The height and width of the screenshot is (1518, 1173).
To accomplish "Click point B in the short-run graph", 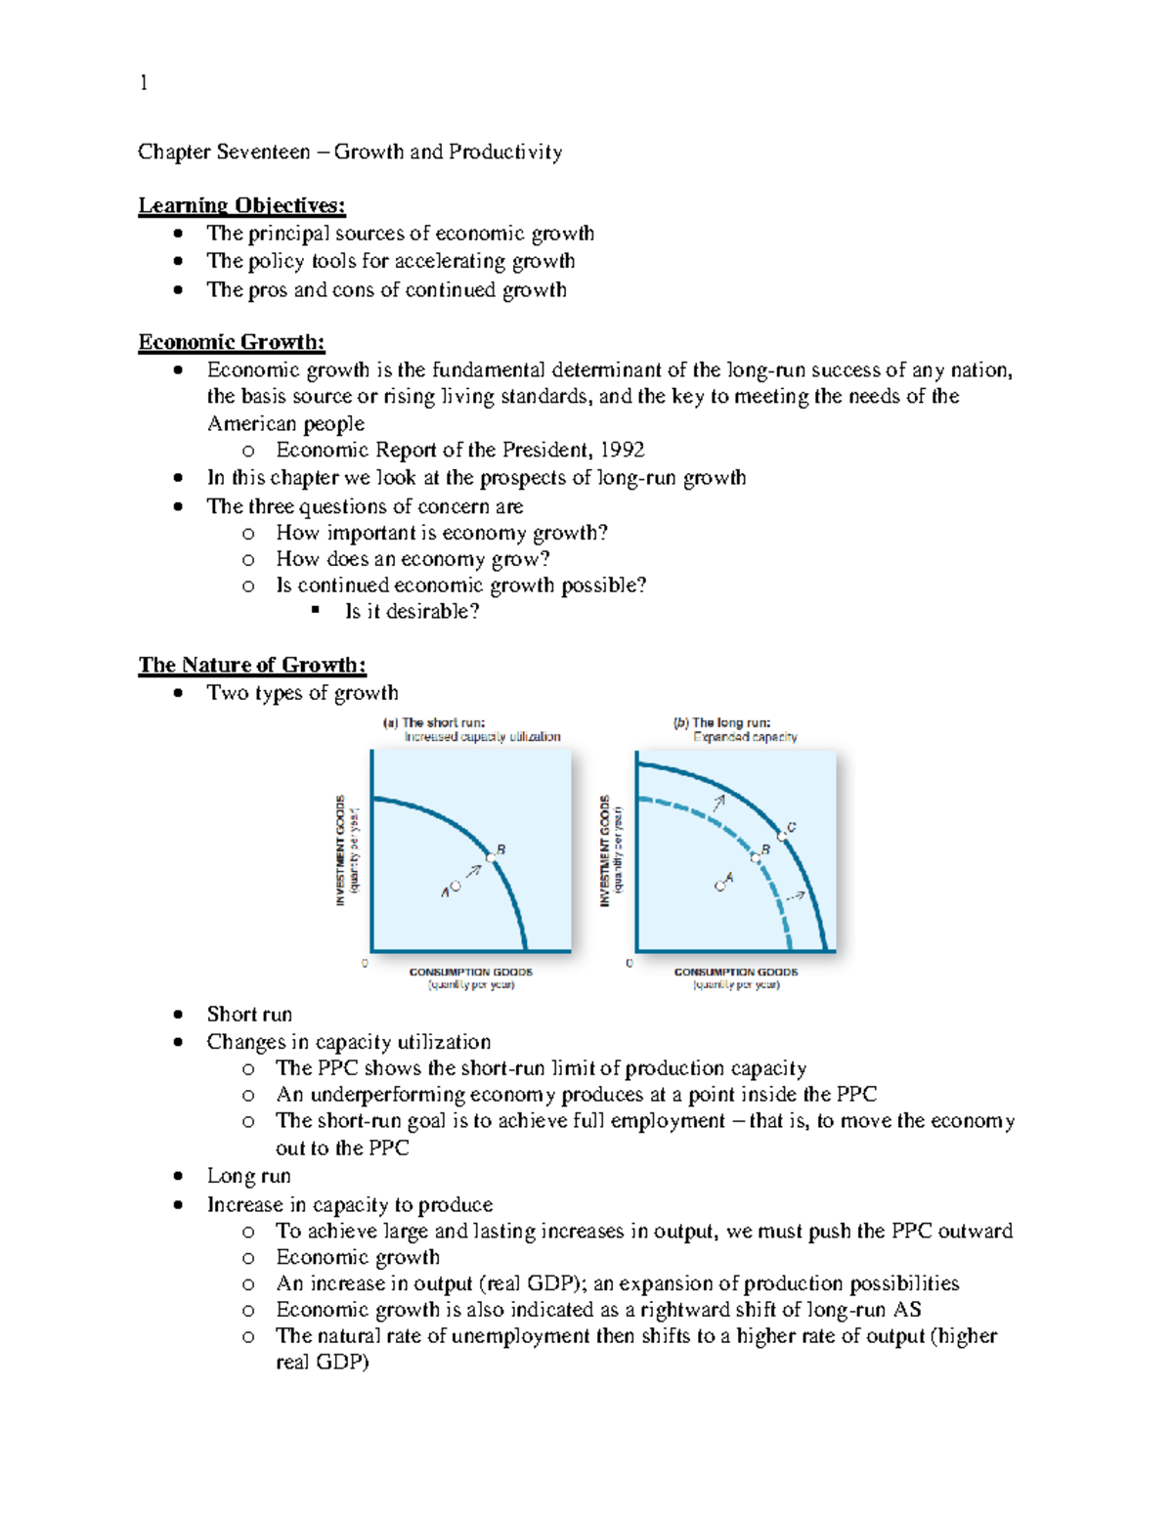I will [492, 857].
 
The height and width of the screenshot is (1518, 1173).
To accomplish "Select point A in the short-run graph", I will [456, 887].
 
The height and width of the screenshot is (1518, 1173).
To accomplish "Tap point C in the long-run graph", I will [783, 837].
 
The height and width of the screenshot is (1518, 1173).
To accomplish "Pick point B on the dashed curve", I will [756, 857].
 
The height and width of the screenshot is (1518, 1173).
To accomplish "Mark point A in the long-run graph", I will [720, 886].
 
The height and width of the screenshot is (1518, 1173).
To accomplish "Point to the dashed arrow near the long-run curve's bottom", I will [796, 895].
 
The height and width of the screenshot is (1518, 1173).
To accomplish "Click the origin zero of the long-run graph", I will [629, 963].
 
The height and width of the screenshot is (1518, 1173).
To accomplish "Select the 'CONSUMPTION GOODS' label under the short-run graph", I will [470, 972].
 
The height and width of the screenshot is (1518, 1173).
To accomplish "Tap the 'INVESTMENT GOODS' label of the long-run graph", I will [605, 849].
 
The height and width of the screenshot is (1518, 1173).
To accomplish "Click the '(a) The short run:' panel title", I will [433, 723].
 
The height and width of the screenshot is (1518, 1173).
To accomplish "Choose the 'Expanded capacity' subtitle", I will [745, 737].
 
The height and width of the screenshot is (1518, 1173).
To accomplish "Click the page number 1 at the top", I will [144, 83].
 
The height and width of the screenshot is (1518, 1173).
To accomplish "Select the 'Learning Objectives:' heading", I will [241, 205].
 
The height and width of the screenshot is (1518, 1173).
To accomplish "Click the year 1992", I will [623, 450].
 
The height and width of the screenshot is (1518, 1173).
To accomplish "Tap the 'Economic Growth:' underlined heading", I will [232, 342].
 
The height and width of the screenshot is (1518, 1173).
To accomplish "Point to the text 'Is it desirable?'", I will [412, 612].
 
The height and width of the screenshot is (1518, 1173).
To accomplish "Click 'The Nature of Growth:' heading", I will [252, 665].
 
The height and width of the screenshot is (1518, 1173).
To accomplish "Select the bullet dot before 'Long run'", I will [178, 1177].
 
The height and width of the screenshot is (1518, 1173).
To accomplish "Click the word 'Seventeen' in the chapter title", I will [263, 152].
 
